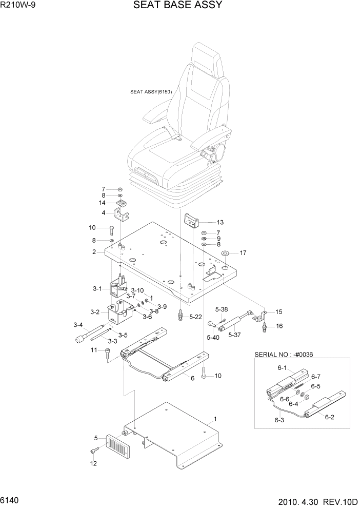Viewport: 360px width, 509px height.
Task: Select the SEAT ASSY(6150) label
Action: [151, 92]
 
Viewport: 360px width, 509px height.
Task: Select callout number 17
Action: [243, 252]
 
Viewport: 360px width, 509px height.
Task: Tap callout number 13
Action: [220, 222]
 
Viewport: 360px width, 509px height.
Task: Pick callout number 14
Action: [103, 203]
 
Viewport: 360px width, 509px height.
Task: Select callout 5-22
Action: [195, 317]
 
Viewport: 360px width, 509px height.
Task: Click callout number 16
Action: [279, 326]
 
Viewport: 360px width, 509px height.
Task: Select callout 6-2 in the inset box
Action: [329, 417]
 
